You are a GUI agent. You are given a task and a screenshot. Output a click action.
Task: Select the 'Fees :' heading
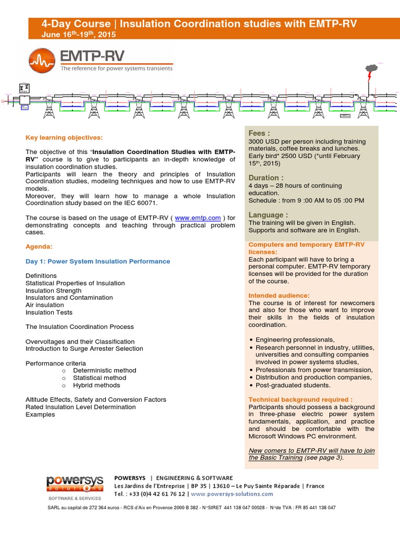tap(259, 134)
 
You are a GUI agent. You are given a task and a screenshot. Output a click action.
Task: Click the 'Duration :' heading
tap(266, 177)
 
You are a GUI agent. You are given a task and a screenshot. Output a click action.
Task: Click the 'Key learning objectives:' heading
tap(65, 137)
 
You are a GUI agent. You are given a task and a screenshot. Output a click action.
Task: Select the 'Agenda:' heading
tap(39, 246)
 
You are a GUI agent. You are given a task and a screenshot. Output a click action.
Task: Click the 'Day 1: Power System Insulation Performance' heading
tap(97, 261)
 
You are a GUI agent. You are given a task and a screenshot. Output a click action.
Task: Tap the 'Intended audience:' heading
tap(279, 296)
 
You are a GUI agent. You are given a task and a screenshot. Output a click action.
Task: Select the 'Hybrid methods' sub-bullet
tap(96, 385)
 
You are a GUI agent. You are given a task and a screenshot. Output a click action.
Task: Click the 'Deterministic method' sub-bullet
tap(104, 371)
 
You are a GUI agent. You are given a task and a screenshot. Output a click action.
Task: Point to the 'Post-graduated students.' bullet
tap(293, 385)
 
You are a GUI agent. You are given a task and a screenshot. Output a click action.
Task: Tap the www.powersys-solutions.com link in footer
tap(232, 494)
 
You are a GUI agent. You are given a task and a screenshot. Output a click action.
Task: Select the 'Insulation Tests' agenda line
tap(49, 312)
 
